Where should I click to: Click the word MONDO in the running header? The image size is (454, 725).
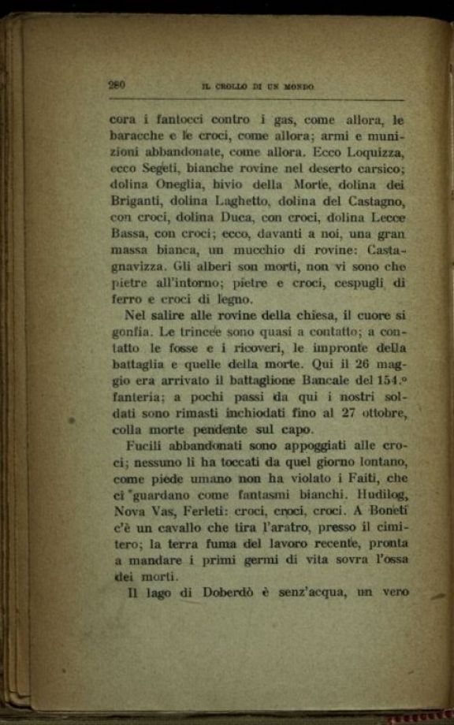[x=297, y=87]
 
